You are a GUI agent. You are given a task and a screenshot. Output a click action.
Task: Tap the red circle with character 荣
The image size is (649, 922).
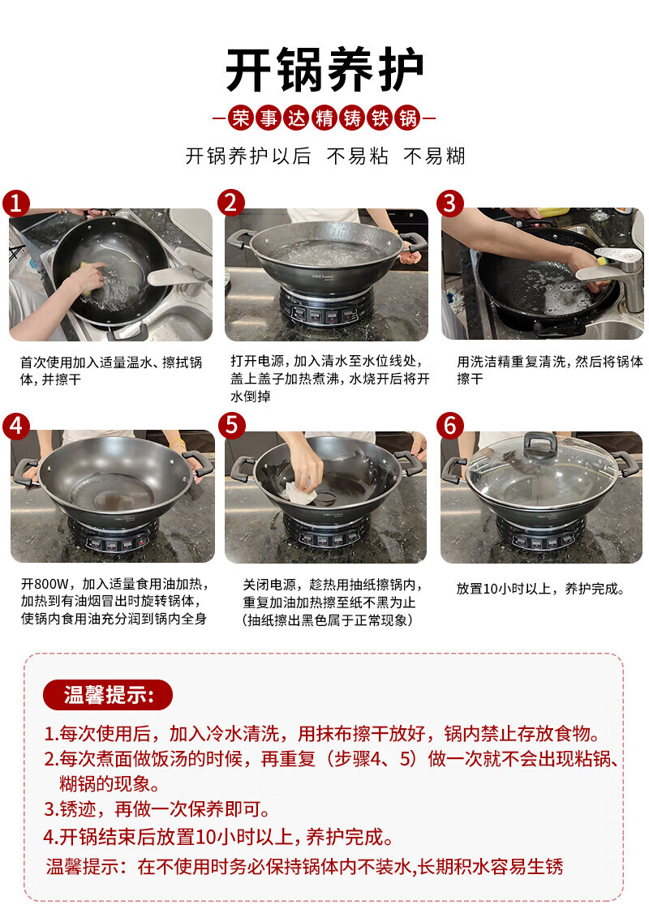[x=241, y=118]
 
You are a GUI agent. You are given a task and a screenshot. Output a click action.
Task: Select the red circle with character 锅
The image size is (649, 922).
[x=408, y=118]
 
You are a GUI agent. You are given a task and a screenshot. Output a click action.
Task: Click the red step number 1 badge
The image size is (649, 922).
[x=16, y=203]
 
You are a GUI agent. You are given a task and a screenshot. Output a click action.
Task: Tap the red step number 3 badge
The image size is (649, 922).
[x=449, y=203]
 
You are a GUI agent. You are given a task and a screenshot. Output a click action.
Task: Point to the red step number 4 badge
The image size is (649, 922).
[x=16, y=425]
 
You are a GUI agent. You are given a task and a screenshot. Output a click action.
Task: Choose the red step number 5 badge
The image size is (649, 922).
[x=231, y=425]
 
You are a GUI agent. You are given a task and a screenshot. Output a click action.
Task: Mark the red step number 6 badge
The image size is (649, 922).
[x=449, y=425]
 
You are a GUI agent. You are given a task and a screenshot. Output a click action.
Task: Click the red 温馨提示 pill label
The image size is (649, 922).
[x=108, y=695]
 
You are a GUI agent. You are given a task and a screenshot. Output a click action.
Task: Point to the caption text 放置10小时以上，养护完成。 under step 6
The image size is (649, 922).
[x=540, y=589]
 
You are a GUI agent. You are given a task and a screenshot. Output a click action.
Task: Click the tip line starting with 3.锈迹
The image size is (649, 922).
[x=157, y=809]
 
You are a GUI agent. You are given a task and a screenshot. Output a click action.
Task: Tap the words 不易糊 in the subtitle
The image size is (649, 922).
[x=434, y=157]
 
